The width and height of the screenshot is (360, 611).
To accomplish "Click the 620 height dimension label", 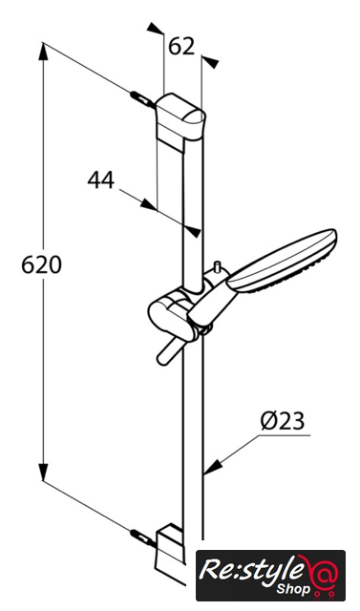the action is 41,265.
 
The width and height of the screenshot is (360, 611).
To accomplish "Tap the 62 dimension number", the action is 181,47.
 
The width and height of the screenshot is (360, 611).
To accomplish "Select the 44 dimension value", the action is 101,180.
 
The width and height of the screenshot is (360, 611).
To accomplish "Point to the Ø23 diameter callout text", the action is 284,421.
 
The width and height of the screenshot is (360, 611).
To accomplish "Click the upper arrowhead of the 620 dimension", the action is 43,52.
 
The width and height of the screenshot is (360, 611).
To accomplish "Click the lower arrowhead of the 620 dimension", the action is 43,472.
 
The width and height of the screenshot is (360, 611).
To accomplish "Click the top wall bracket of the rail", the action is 180,116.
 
